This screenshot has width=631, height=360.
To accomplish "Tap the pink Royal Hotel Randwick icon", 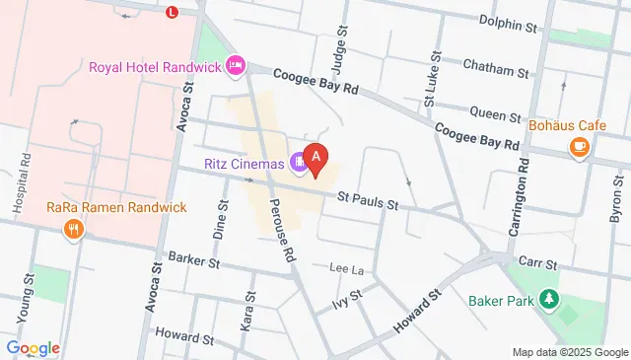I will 235,66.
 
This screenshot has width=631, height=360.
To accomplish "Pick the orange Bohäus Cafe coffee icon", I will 580,148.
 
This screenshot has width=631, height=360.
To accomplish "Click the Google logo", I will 33,347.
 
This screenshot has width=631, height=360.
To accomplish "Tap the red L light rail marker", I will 173,12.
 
